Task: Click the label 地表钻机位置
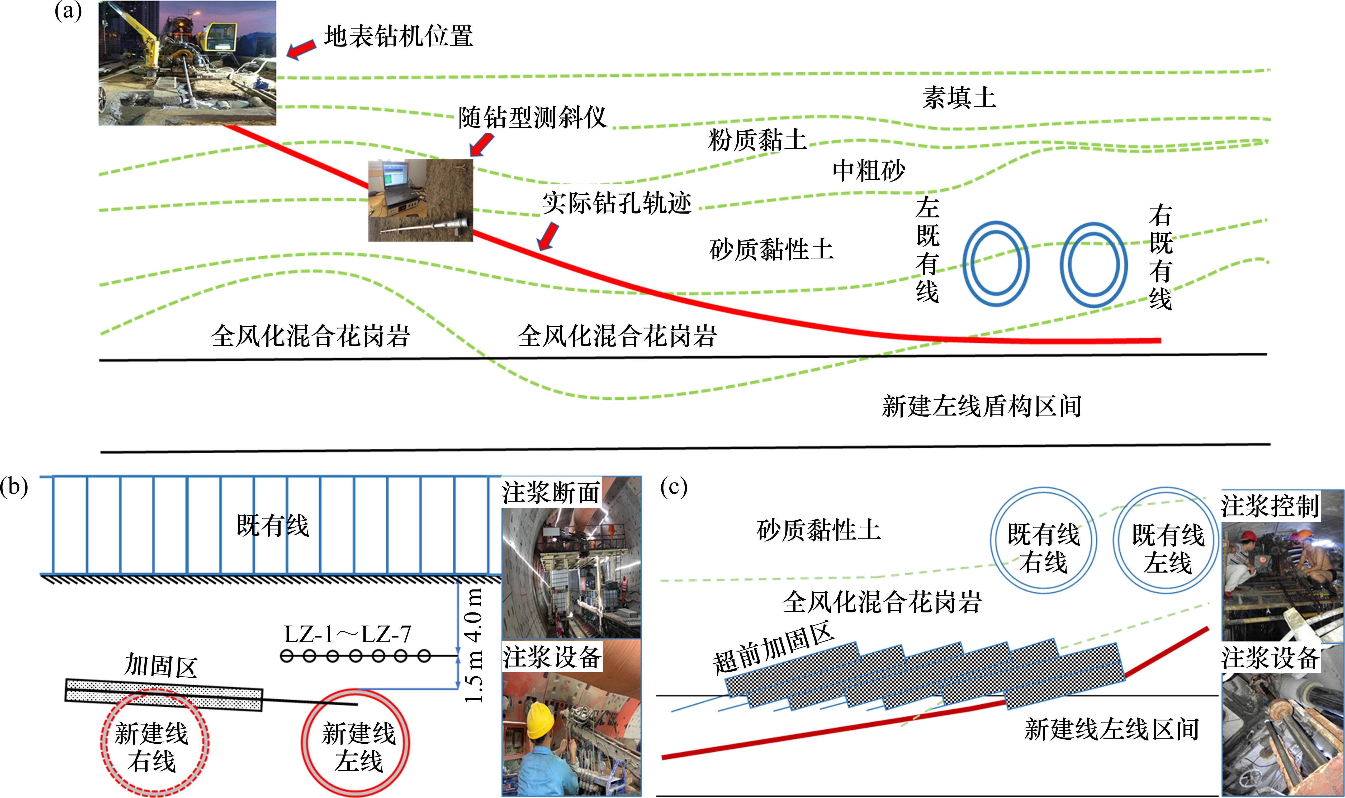(x=398, y=37)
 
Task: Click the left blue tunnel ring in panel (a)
(x=996, y=263)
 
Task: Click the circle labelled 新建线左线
(x=355, y=742)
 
